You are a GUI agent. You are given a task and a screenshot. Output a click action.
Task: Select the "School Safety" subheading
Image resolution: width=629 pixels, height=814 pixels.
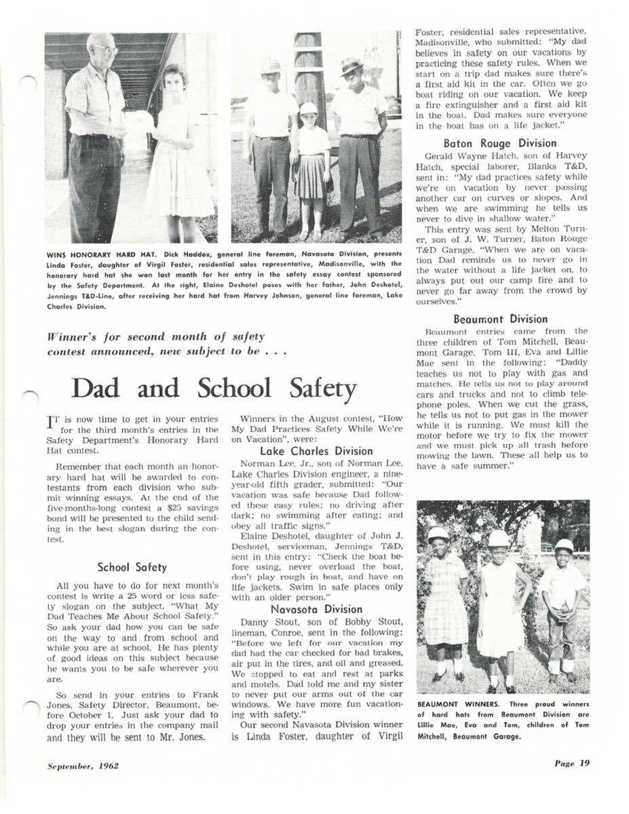click(132, 567)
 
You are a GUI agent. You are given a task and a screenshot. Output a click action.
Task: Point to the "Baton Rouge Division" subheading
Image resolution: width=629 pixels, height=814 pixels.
click(499, 143)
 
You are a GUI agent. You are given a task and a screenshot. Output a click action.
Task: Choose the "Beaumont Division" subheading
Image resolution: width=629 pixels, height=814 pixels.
click(499, 319)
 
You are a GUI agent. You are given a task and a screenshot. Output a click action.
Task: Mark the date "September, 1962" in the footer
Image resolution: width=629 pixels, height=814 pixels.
click(83, 766)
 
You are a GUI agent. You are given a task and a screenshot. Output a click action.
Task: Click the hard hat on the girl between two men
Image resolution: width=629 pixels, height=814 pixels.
click(309, 109)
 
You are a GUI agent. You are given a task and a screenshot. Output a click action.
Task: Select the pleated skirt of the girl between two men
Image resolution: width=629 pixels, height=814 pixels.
click(311, 176)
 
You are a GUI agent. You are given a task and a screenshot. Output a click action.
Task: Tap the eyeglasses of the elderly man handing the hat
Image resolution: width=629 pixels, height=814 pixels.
click(105, 49)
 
